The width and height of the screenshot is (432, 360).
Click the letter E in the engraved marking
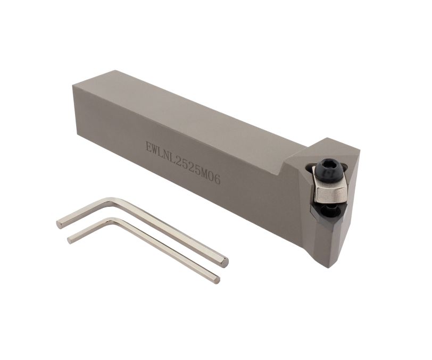(x=149, y=146)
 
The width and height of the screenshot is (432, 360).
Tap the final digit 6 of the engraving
(x=218, y=180)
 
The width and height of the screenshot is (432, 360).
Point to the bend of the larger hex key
(x=112, y=200)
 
